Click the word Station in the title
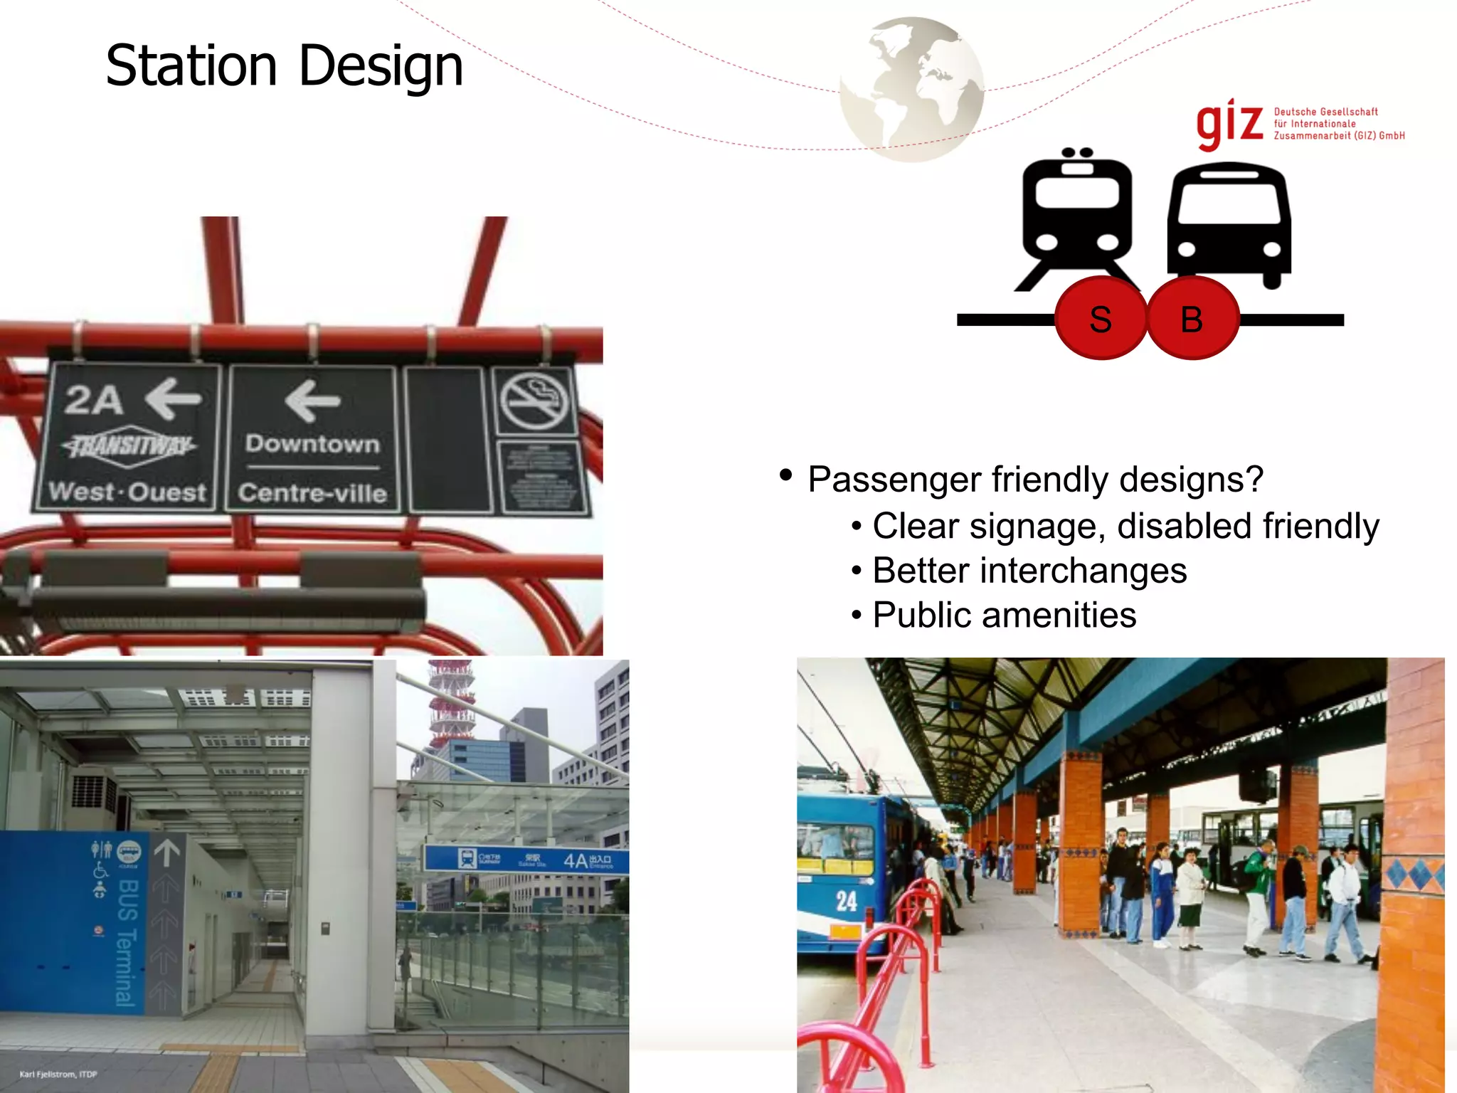191,65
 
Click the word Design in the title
381,67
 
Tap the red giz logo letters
1229,124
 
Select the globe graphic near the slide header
911,90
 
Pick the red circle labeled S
1101,319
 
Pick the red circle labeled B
1192,319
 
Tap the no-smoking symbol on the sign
534,401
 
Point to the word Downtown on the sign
312,443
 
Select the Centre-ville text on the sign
312,492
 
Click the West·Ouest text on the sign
127,492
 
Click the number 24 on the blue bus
846,901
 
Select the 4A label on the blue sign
576,861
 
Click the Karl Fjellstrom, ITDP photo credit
58,1074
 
